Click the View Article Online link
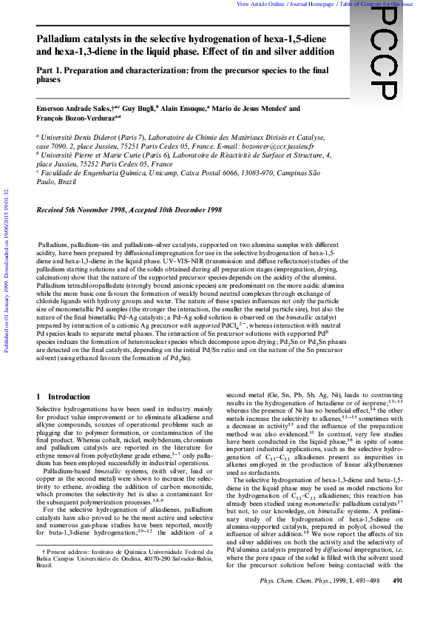[260, 4]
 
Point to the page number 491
[396, 601]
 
